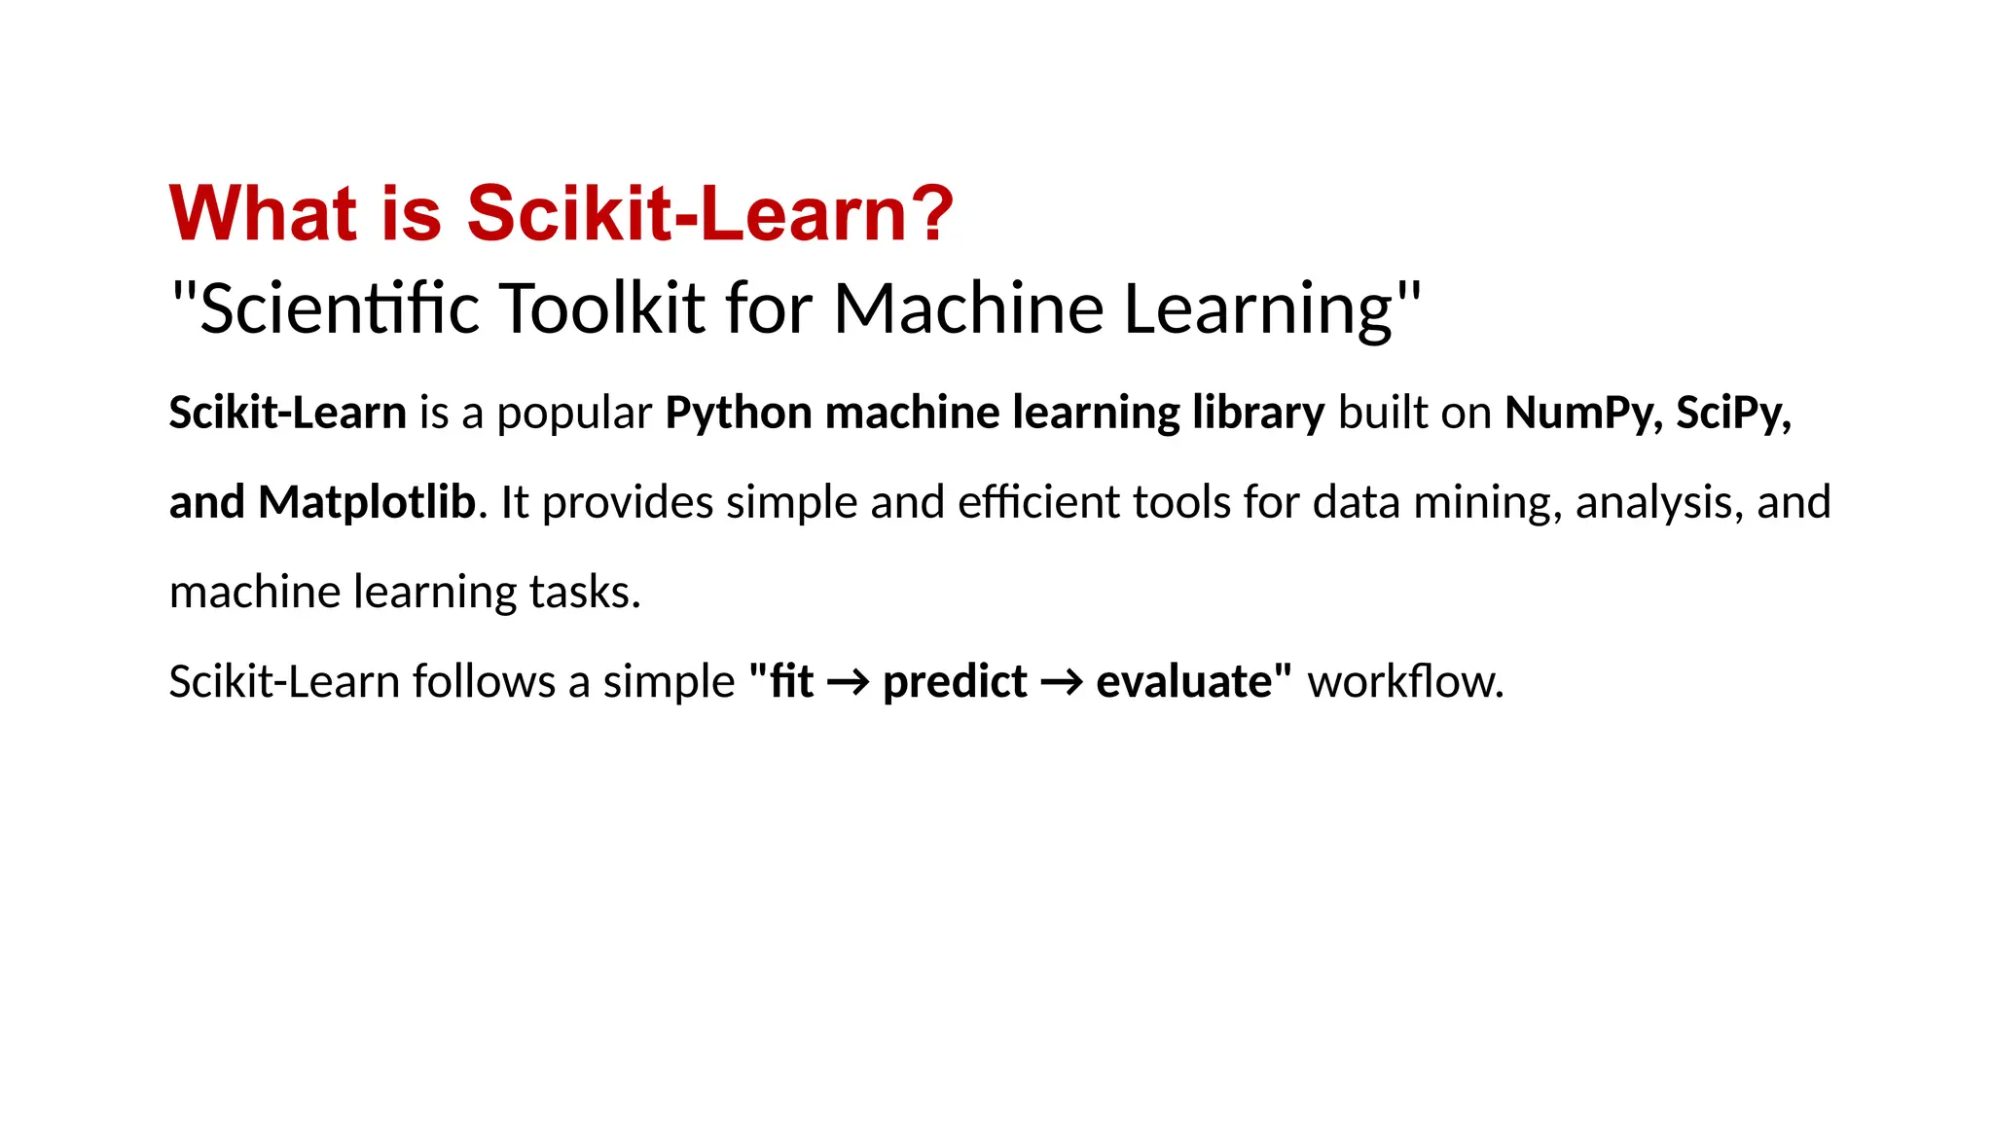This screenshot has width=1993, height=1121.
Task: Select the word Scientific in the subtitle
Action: coord(341,308)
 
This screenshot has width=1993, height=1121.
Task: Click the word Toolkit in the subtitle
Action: coord(602,308)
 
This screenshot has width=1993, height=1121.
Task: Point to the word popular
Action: coord(574,415)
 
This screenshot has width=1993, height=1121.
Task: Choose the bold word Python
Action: coord(738,415)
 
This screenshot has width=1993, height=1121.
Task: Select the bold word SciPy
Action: coord(1732,415)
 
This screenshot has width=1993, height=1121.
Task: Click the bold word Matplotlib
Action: coord(367,503)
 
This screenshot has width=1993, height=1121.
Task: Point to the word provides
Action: coord(627,503)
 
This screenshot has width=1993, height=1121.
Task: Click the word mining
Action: coord(1486,503)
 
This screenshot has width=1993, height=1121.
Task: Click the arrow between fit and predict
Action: coord(848,682)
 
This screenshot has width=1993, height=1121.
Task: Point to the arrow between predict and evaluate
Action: coord(1061,682)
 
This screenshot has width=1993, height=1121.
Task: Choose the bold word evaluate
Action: coord(1183,681)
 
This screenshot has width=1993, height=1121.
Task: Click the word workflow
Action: coord(1404,681)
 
